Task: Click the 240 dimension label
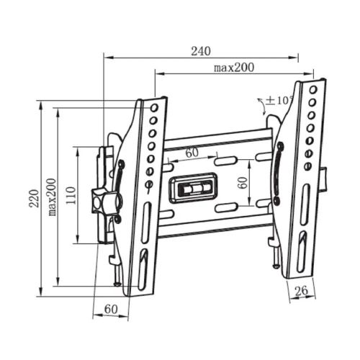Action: [x=201, y=51]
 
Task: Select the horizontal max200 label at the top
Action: [x=234, y=68]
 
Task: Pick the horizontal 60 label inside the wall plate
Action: [x=192, y=153]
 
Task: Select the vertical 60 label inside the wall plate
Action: [x=243, y=182]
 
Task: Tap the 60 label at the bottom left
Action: [x=110, y=308]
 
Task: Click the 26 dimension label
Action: [x=302, y=290]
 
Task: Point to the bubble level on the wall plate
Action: [x=193, y=189]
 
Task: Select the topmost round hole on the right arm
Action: [x=312, y=90]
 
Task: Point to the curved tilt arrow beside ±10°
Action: [x=260, y=104]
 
